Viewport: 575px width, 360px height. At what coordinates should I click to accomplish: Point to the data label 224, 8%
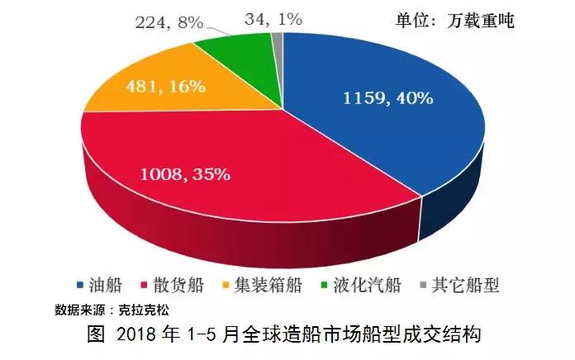click(x=169, y=22)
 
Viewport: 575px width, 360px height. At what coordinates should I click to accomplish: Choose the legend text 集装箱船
click(x=267, y=287)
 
